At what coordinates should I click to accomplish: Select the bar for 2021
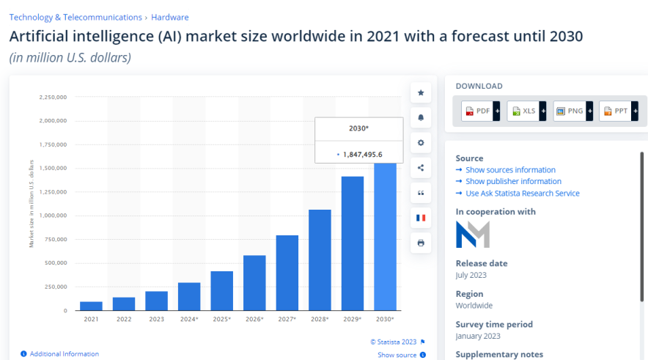point(91,306)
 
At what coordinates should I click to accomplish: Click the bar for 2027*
point(287,273)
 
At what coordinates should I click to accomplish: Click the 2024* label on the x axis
point(188,319)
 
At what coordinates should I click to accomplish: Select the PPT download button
point(617,111)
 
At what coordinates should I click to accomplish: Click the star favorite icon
point(421,93)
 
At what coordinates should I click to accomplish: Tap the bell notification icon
point(421,118)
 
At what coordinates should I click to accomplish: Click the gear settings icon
point(421,143)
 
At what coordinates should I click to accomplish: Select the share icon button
point(421,168)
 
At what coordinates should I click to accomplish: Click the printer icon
point(421,243)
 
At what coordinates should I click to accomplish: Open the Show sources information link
point(510,170)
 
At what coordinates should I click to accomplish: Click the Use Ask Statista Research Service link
point(522,194)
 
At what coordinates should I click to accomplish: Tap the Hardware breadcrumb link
point(169,17)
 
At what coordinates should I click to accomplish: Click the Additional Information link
point(64,354)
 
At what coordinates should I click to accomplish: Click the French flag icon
point(421,218)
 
